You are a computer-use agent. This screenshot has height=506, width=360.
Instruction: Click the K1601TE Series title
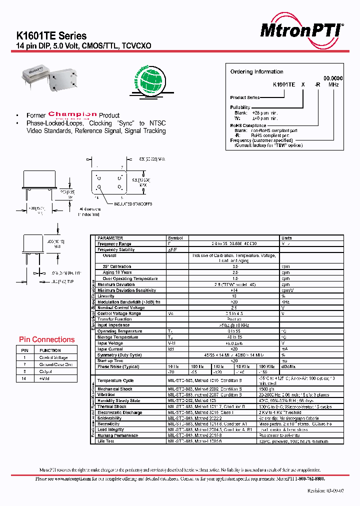[51, 36]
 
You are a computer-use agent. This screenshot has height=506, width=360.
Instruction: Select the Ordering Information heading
[256, 71]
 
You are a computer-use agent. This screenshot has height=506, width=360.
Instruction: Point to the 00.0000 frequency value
[333, 78]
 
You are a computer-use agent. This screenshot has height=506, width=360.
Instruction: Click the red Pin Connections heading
[46, 339]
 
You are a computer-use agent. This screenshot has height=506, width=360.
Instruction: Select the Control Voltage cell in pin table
[53, 357]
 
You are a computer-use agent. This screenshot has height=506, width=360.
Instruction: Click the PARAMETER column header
[110, 238]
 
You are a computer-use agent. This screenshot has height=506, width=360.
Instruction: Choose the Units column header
[286, 238]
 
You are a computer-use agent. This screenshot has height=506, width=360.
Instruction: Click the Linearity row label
[106, 296]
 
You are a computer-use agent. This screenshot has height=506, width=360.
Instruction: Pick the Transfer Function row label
[114, 319]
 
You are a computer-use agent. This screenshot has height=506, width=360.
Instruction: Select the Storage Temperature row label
[118, 337]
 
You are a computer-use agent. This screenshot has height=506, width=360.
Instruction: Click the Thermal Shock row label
[112, 406]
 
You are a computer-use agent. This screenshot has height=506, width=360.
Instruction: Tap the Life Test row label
[106, 441]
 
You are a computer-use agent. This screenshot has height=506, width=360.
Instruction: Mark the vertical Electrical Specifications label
[93, 305]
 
